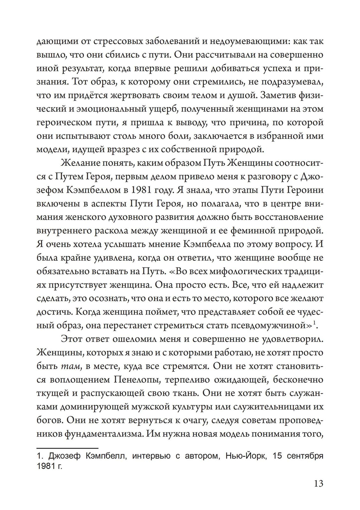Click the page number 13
(319, 484)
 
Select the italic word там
(67, 366)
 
